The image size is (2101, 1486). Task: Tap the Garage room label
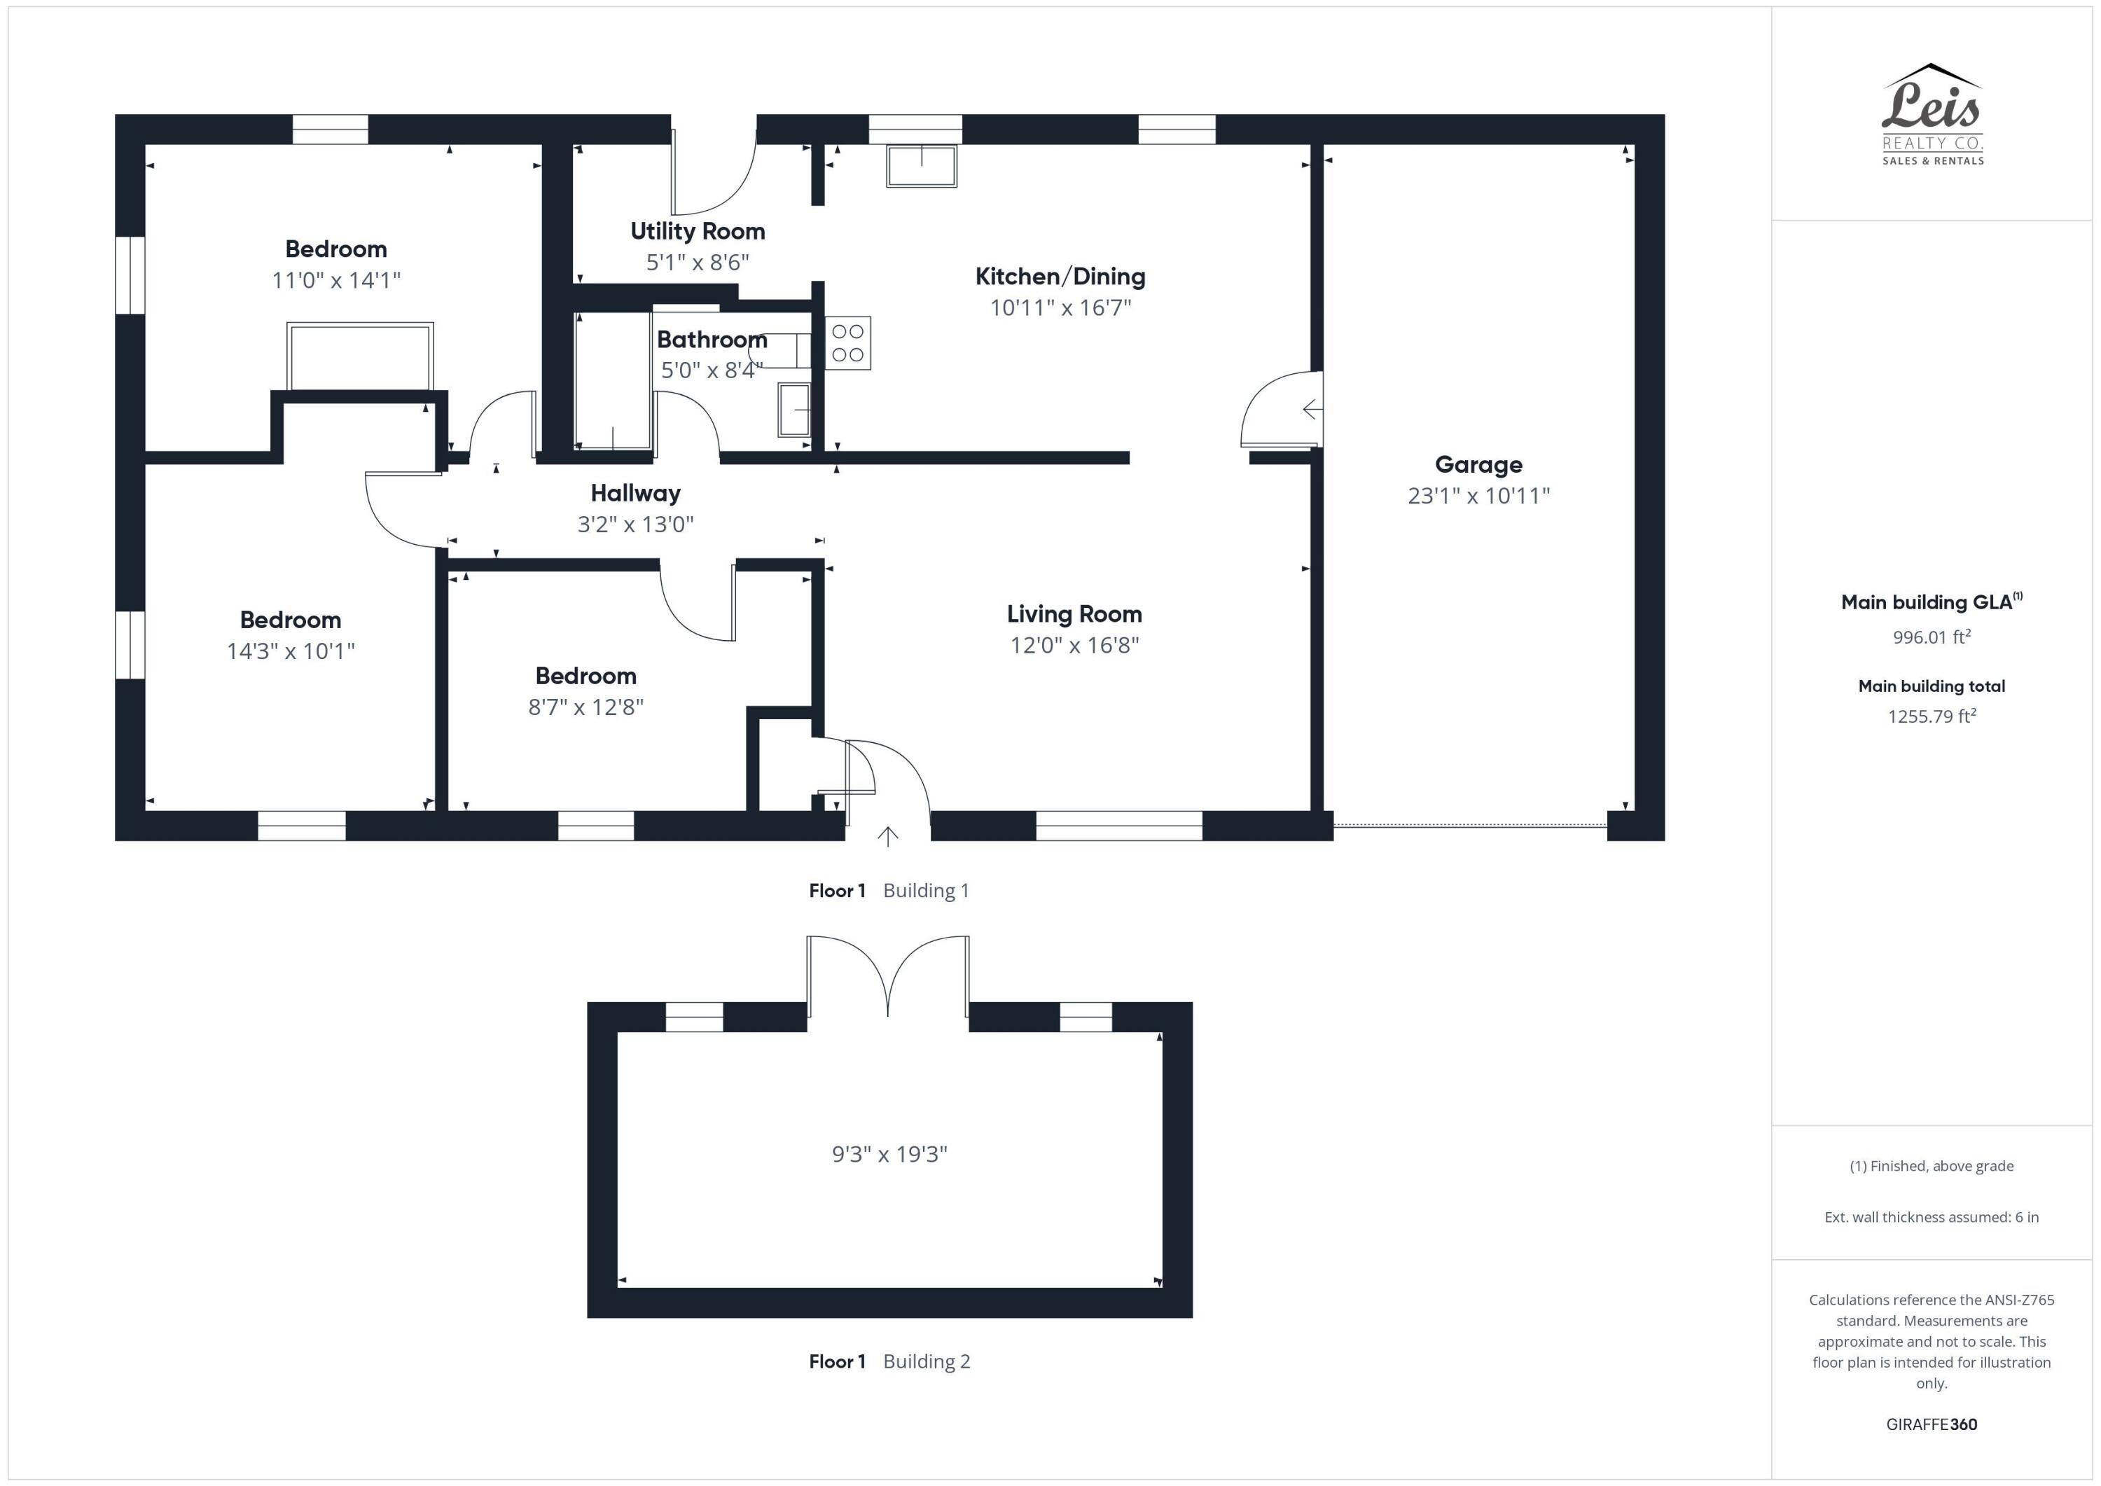(1478, 465)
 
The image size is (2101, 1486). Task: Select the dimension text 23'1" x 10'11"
(1478, 496)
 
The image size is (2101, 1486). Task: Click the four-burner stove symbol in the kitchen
(847, 343)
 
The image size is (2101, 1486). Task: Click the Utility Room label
(698, 232)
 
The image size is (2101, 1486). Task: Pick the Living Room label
(1074, 614)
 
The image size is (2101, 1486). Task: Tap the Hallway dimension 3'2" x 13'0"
(635, 525)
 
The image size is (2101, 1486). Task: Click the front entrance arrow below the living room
(887, 835)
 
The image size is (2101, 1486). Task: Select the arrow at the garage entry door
(1311, 409)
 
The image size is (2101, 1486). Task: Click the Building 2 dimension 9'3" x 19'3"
(889, 1154)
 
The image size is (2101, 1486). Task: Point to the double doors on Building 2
(887, 975)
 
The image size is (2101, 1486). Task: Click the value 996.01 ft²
(1931, 637)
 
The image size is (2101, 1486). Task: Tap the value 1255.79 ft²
(1931, 716)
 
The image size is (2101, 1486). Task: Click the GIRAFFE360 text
(1931, 1424)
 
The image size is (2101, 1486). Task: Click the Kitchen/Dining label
(1060, 277)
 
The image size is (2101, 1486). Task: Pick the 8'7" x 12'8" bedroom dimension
(585, 707)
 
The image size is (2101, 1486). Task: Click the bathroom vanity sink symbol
(793, 410)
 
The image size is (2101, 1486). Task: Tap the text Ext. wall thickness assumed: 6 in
(1931, 1217)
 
